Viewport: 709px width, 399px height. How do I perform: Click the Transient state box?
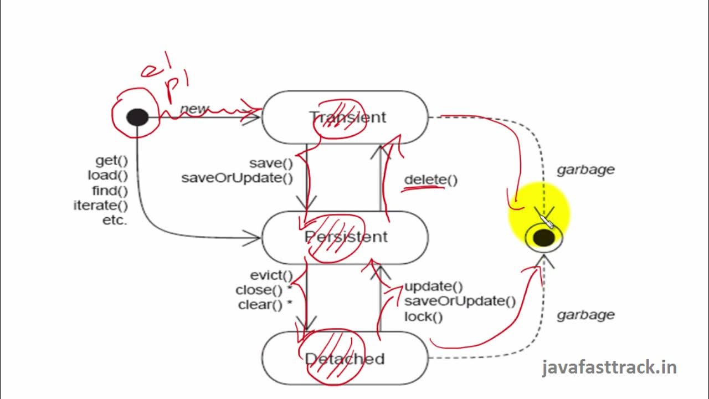pos(345,117)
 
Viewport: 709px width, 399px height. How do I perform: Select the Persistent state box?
pos(345,237)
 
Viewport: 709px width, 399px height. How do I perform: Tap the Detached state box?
pos(345,359)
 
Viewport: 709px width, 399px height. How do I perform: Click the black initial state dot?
pos(137,117)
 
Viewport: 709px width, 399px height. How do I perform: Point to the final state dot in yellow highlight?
pos(543,238)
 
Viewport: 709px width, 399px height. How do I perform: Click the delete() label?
pos(430,180)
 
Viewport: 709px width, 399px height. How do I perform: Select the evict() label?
pos(271,275)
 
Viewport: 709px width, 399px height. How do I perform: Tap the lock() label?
pos(423,317)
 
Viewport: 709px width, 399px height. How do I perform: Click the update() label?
pos(433,287)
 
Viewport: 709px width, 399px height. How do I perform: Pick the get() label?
pos(111,161)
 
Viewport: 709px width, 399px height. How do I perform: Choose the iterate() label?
pos(101,206)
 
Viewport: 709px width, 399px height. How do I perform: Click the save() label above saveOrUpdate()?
pos(271,163)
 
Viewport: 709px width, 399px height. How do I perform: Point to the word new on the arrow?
pos(194,109)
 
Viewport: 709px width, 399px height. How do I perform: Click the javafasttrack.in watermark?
pos(609,367)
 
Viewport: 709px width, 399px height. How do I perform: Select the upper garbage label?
pos(585,170)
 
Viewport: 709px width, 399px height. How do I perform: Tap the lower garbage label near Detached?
pos(585,315)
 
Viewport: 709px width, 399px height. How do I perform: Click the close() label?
pos(260,290)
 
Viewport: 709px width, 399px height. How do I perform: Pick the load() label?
pos(107,176)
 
